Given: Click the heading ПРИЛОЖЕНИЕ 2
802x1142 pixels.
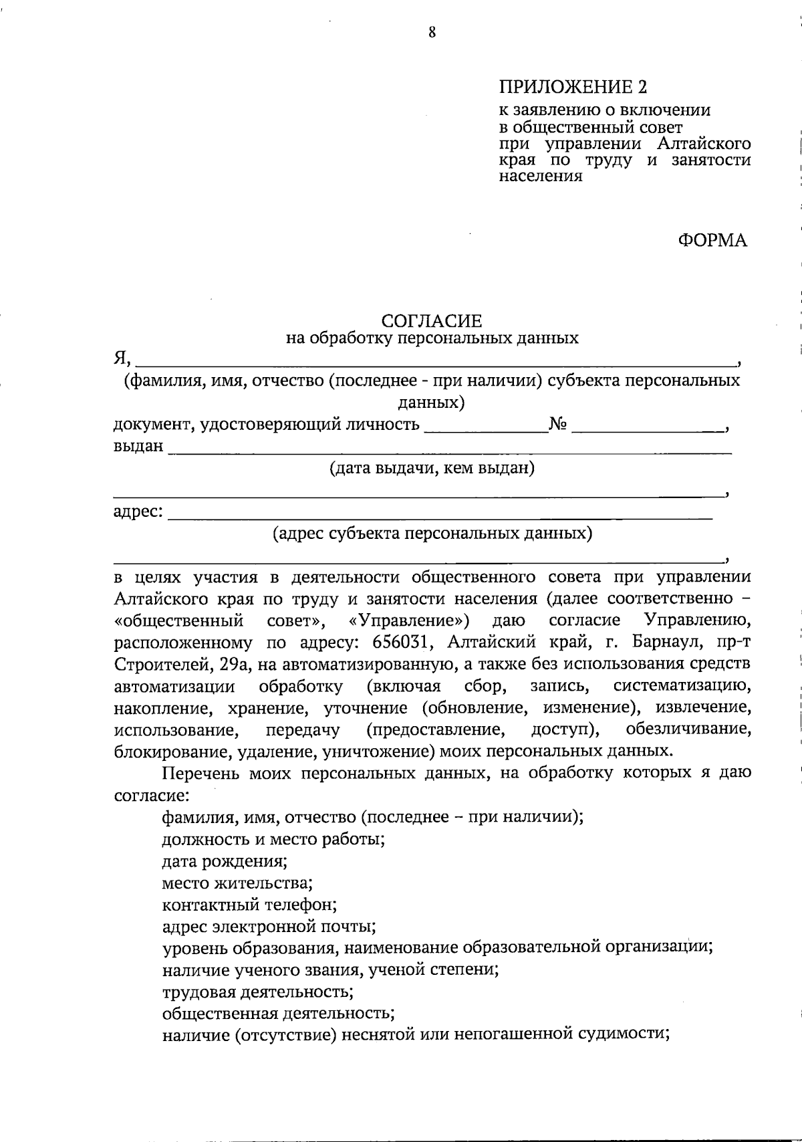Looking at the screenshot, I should click(573, 87).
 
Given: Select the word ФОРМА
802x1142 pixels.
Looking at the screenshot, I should click(712, 241).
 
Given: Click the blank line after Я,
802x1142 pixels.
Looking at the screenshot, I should click(434, 361).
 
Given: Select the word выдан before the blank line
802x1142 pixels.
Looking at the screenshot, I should click(138, 446).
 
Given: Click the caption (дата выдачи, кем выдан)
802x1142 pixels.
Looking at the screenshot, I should click(432, 468).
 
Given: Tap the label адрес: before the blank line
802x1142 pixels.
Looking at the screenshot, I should click(138, 511).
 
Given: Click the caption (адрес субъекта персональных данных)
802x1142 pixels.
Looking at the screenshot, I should click(432, 534).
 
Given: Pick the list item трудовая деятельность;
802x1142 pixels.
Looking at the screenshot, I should click(257, 991).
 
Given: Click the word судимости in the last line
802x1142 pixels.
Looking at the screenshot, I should click(624, 1034).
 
